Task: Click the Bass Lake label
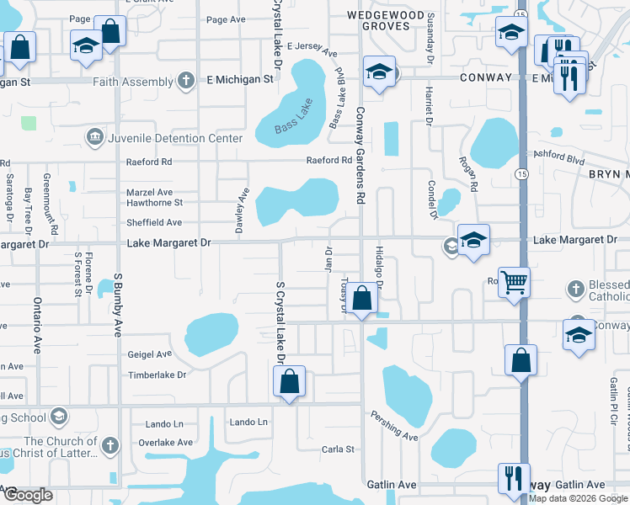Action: (291, 123)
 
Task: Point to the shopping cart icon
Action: (513, 282)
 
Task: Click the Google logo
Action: (29, 495)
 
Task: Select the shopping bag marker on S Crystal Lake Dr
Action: (289, 380)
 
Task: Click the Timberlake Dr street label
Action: (156, 374)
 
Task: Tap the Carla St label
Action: (339, 449)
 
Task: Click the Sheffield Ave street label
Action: (154, 223)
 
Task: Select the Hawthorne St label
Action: (154, 203)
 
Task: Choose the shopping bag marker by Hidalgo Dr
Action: (362, 298)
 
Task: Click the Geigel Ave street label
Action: (149, 354)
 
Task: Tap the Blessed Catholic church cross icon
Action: (576, 289)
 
